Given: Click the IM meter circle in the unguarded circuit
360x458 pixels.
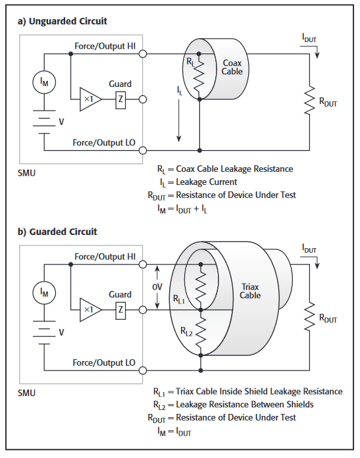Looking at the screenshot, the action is click(44, 82).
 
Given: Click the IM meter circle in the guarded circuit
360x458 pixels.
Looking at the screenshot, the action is click(44, 292).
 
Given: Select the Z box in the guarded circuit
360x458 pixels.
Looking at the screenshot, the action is click(120, 310).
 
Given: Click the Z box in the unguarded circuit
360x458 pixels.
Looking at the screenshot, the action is click(120, 99).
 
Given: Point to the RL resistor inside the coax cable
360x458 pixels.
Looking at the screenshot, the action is click(199, 76).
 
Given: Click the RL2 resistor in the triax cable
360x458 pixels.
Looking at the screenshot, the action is click(201, 332).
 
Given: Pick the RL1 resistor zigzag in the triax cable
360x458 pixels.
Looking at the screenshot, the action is click(201, 287).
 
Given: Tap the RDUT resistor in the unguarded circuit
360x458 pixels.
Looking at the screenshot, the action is click(309, 100).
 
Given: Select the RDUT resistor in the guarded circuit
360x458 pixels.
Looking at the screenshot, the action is click(309, 317).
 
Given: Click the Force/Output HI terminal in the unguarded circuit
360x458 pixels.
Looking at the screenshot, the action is click(143, 54).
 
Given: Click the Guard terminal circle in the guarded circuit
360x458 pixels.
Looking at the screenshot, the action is click(143, 310).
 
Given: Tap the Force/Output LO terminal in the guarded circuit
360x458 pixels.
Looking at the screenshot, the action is click(143, 370).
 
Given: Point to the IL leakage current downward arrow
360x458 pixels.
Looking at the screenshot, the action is click(179, 120).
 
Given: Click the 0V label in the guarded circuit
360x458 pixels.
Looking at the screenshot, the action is click(157, 287).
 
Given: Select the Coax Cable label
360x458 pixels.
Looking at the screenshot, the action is click(232, 67).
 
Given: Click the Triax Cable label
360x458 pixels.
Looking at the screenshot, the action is click(250, 291).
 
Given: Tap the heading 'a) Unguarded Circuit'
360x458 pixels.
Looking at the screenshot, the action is click(63, 21).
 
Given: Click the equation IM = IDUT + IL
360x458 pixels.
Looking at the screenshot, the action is click(182, 209).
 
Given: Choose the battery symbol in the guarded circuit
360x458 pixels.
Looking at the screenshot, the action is click(44, 332).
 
